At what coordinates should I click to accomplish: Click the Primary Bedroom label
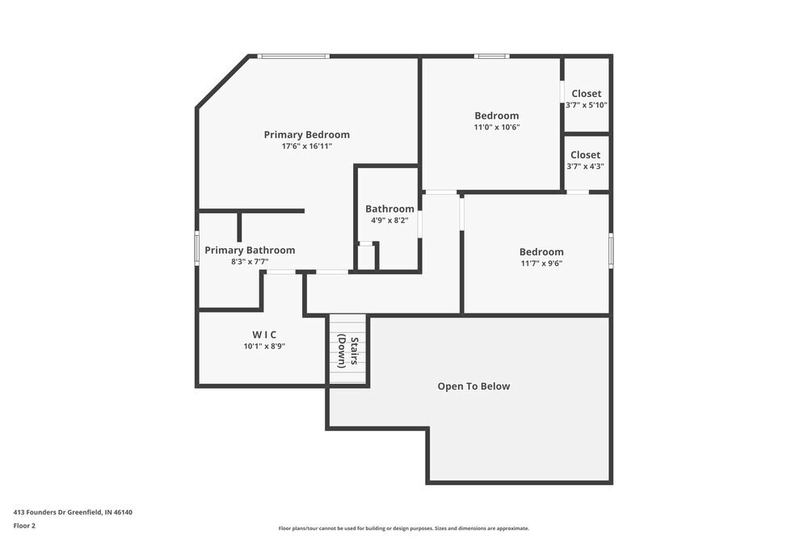(306, 134)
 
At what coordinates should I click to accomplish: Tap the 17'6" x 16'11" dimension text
(306, 146)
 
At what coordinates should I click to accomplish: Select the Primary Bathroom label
(250, 251)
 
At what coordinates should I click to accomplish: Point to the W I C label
(264, 335)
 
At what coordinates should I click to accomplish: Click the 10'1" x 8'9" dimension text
(264, 346)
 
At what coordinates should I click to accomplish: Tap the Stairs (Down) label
(348, 351)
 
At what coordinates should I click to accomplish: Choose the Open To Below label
(473, 386)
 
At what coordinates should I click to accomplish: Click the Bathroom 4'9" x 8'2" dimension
(389, 220)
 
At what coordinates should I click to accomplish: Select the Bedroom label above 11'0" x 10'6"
(496, 116)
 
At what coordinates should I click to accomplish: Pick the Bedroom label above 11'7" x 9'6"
(541, 251)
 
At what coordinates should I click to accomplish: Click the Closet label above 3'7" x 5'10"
(586, 94)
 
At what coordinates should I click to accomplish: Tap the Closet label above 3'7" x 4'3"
(585, 154)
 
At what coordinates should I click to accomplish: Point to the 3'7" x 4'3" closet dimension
(585, 166)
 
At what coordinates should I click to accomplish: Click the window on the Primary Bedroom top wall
(293, 56)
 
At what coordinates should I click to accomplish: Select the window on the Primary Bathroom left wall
(197, 247)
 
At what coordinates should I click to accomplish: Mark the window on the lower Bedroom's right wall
(611, 250)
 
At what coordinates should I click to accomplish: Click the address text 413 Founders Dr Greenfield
(72, 512)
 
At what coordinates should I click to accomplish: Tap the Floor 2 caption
(24, 525)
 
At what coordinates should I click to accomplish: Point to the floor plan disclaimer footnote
(404, 528)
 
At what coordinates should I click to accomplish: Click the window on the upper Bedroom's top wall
(491, 56)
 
